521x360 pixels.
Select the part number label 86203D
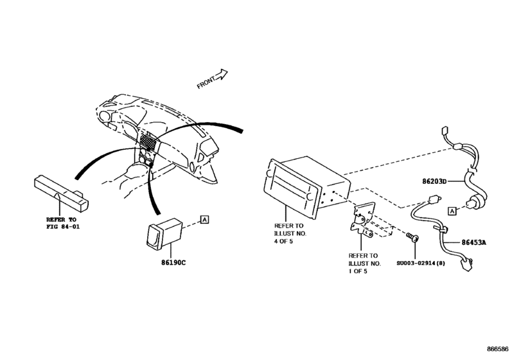pos(453,182)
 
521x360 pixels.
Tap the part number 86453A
pos(474,242)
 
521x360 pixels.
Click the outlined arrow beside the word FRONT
pos(222,75)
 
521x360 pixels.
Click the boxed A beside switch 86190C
pos(205,220)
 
